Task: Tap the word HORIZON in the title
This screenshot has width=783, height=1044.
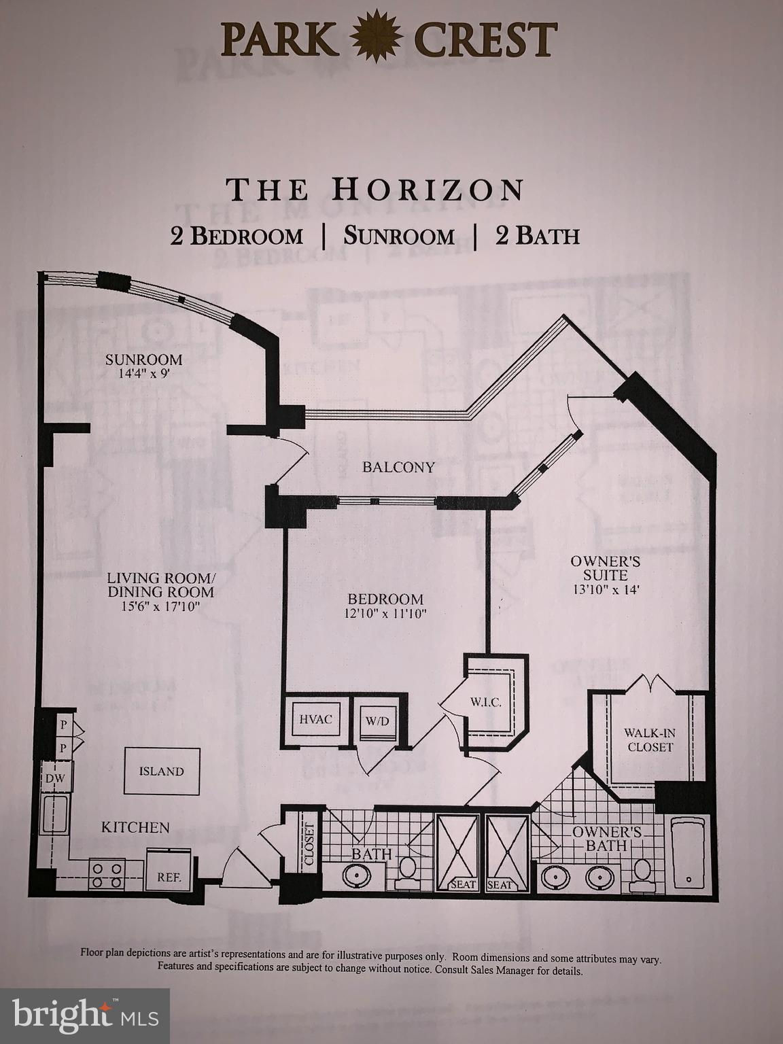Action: [428, 190]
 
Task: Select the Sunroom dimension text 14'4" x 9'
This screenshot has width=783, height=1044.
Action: [143, 374]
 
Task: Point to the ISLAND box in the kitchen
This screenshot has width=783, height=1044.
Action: [162, 771]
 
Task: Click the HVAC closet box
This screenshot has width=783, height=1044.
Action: [315, 719]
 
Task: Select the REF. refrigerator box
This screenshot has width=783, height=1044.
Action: [169, 877]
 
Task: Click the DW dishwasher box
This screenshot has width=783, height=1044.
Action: [55, 779]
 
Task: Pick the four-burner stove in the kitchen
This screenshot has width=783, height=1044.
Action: [107, 874]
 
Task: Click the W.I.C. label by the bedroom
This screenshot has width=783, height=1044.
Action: [486, 703]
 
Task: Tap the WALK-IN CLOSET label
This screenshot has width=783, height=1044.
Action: [650, 740]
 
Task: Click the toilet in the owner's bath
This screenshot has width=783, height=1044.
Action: [641, 873]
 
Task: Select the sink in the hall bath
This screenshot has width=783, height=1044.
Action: [355, 876]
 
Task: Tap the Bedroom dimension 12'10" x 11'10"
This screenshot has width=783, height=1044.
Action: [385, 613]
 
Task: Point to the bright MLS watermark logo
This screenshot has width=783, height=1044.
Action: [85, 1015]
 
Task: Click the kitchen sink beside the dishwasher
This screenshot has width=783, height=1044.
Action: [54, 814]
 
